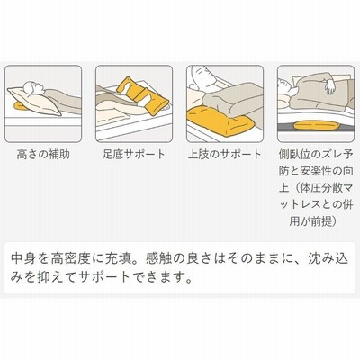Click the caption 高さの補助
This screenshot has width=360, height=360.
click(x=43, y=155)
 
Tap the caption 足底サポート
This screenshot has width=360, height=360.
click(x=134, y=155)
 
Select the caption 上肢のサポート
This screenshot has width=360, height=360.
click(x=225, y=155)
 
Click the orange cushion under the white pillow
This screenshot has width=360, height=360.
click(x=20, y=106)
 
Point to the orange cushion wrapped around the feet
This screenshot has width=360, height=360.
click(x=142, y=96)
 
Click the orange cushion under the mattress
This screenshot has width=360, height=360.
click(x=316, y=125)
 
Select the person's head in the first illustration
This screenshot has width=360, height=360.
click(x=32, y=87)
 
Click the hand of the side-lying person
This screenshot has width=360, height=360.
click(x=330, y=86)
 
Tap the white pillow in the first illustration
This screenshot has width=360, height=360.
click(x=34, y=102)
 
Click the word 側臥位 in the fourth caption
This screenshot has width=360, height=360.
click(x=293, y=155)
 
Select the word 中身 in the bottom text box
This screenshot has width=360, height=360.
click(x=23, y=259)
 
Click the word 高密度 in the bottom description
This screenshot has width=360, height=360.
click(x=70, y=259)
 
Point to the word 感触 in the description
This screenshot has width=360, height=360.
click(x=158, y=259)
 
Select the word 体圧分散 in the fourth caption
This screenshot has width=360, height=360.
click(x=318, y=188)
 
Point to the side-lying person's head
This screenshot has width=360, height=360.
click(x=285, y=90)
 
